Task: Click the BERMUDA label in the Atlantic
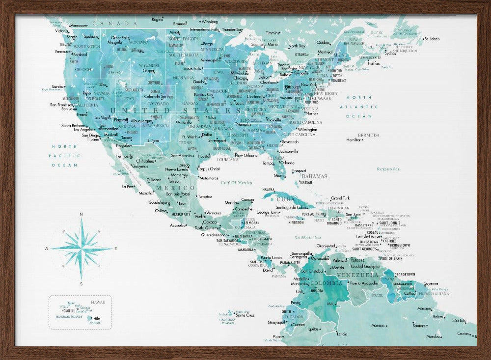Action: click(369, 135)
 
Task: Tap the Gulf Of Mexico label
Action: click(236, 183)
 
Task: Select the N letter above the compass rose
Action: click(81, 214)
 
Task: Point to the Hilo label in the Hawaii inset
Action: click(96, 318)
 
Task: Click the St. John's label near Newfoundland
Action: click(432, 39)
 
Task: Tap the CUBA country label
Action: click(285, 199)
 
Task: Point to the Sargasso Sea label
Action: click(388, 169)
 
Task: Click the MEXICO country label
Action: click(175, 188)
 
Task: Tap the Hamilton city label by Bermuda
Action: click(354, 140)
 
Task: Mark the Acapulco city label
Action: click(178, 225)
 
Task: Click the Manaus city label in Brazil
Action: click(378, 325)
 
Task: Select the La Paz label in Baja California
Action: click(128, 186)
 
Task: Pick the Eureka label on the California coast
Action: click(58, 86)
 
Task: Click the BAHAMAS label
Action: click(314, 176)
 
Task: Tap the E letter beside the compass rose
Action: click(115, 249)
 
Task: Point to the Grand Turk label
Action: click(340, 198)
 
